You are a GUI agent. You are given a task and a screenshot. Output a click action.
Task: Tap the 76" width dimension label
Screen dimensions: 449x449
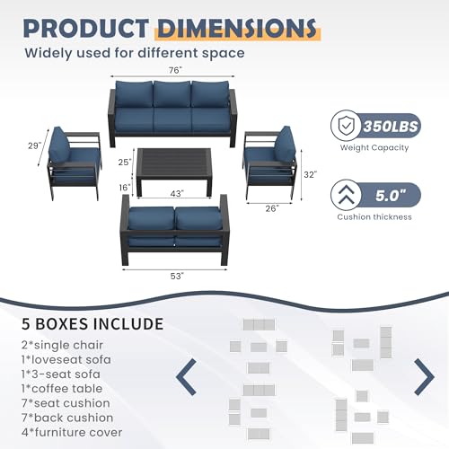point(174,70)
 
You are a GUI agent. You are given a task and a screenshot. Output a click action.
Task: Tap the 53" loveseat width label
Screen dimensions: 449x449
point(175,276)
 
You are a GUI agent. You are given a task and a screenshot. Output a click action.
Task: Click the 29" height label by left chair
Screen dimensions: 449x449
point(35,145)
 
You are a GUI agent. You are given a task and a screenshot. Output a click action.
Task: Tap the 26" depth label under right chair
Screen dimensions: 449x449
point(271,207)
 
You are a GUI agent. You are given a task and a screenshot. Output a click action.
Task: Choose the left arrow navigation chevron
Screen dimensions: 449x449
point(189,375)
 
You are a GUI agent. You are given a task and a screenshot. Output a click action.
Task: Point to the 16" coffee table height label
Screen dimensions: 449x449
point(125,187)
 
